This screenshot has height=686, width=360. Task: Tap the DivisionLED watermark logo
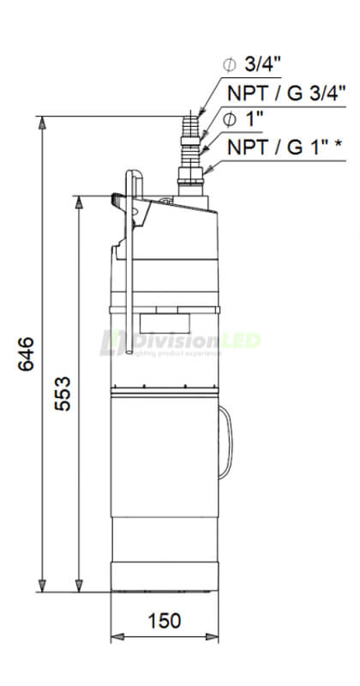pyautogui.click(x=180, y=341)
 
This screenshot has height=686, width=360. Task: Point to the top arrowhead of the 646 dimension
pyautogui.click(x=40, y=121)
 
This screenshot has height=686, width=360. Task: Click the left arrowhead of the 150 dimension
pyautogui.click(x=117, y=637)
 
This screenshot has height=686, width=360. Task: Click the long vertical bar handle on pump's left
pyautogui.click(x=130, y=266)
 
